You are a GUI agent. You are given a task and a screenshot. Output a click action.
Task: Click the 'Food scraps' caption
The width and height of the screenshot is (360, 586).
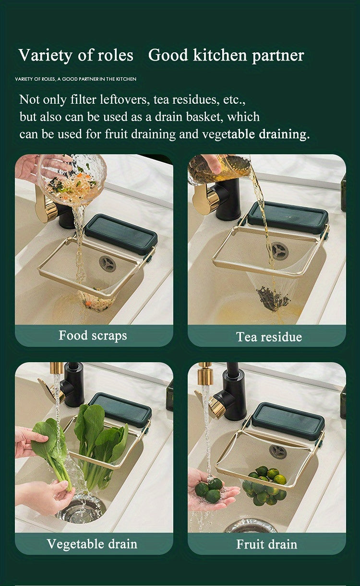tap(93, 335)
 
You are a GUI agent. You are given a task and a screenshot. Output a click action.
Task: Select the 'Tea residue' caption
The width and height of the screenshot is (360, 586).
tap(269, 337)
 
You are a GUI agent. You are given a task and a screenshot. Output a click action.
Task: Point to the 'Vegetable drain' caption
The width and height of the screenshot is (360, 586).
tap(92, 544)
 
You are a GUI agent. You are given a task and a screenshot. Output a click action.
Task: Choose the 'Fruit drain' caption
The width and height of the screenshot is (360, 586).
tap(267, 544)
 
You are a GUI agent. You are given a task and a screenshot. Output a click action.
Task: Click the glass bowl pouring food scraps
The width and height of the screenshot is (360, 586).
tap(72, 178)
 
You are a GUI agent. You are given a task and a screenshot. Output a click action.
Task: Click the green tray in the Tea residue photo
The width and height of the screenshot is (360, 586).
tap(288, 218)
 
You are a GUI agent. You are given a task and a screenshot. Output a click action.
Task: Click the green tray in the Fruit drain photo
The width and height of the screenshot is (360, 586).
tap(288, 420)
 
